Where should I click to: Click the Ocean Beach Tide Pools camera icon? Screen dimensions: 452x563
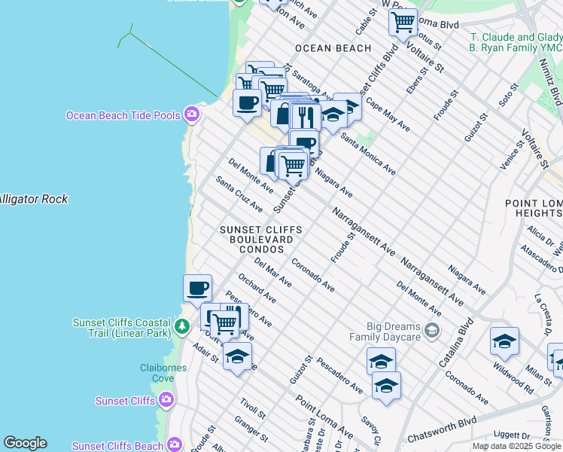click(192, 115)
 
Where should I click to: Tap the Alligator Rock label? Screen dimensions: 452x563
click(33, 200)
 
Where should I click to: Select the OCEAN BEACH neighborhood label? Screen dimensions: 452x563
click(333, 48)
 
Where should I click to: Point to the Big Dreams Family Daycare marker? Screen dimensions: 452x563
click(432, 330)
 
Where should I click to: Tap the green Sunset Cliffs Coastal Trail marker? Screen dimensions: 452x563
click(181, 327)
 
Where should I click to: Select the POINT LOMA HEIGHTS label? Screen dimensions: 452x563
click(534, 209)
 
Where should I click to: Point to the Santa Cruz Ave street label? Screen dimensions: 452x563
click(239, 194)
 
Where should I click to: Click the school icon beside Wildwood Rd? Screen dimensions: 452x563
click(504, 342)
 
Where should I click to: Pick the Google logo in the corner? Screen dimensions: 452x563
click(25, 443)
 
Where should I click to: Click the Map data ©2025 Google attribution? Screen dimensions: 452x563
click(516, 446)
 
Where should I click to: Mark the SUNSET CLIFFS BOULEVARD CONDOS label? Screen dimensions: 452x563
click(260, 239)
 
